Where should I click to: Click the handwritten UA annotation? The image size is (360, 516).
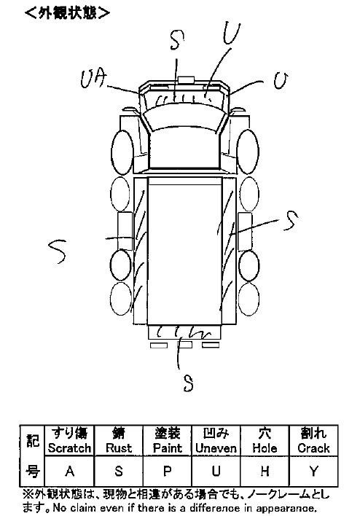[x=95, y=80]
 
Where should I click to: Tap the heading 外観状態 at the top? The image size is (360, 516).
[x=67, y=13]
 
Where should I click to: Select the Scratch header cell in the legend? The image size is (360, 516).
[x=69, y=441]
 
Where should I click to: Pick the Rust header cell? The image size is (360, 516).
[x=119, y=441]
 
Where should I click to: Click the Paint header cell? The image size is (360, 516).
[x=168, y=441]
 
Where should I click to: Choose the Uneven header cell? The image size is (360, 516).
[x=216, y=441]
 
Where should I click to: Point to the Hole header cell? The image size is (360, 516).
[x=265, y=441]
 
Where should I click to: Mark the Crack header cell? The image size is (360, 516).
[x=313, y=441]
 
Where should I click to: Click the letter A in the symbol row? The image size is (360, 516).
[x=69, y=472]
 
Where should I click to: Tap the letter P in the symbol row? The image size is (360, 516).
[x=168, y=472]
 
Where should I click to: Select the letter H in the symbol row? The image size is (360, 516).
[x=265, y=472]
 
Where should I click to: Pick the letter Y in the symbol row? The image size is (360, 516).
[x=313, y=472]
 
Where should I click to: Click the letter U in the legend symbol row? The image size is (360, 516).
[x=216, y=472]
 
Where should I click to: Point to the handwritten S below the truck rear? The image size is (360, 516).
[x=188, y=383]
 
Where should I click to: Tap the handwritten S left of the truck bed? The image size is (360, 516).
[x=58, y=251]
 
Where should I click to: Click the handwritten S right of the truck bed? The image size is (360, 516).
[x=291, y=221]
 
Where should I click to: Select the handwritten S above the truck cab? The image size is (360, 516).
[x=177, y=40]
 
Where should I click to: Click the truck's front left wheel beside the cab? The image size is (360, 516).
[x=122, y=152]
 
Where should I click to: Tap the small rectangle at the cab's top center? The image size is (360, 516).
[x=186, y=80]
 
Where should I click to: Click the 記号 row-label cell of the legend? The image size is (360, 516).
[x=33, y=456]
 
